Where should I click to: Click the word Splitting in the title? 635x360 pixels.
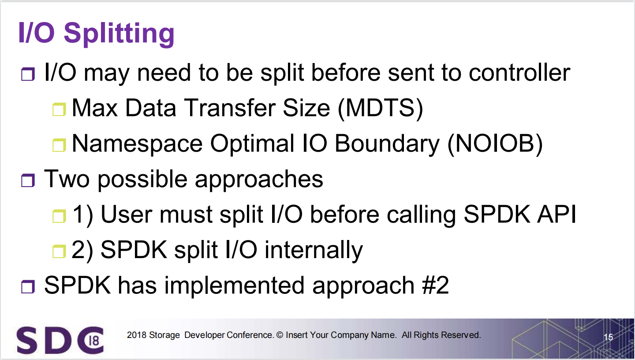click(x=119, y=34)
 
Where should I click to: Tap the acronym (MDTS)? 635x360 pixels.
click(x=381, y=108)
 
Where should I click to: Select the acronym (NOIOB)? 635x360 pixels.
click(x=495, y=143)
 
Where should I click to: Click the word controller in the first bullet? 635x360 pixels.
click(x=519, y=73)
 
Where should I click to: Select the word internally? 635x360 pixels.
click(x=314, y=251)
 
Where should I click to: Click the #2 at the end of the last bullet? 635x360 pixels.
click(x=435, y=285)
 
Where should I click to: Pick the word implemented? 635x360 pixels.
click(x=235, y=286)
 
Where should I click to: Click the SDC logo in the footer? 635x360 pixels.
click(x=60, y=340)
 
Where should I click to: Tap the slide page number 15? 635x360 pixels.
click(x=609, y=337)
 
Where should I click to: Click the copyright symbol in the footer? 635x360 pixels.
click(x=280, y=335)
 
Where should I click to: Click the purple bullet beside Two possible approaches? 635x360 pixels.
click(x=28, y=180)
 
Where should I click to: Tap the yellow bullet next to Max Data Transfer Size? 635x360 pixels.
click(x=59, y=109)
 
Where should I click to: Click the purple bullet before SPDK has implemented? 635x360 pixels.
click(x=28, y=286)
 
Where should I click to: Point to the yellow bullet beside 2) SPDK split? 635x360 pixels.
click(x=59, y=251)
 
